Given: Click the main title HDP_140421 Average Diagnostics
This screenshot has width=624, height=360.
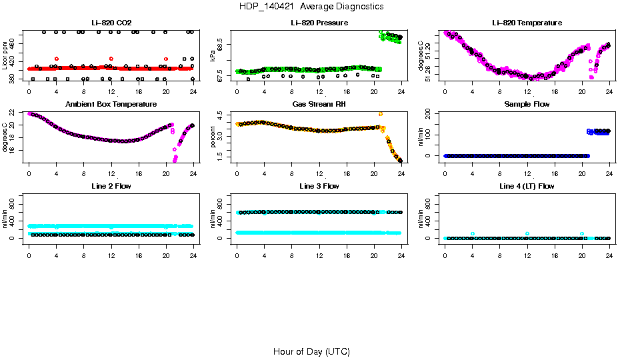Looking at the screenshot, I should click(311, 7).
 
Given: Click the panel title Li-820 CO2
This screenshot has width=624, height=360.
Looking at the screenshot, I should click(111, 23).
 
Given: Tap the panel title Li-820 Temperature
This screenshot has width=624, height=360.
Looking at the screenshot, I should click(527, 23).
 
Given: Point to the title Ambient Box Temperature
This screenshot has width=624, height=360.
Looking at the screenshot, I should click(111, 105).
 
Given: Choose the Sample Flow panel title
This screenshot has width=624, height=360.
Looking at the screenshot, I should click(527, 105).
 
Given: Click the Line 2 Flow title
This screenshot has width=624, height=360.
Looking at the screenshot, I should click(111, 186).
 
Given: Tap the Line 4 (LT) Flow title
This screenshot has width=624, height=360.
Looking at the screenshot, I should click(527, 186).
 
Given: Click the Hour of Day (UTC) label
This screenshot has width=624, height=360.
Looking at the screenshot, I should click(311, 351).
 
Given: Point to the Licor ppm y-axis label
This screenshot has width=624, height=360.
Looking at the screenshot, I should click(5, 56).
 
